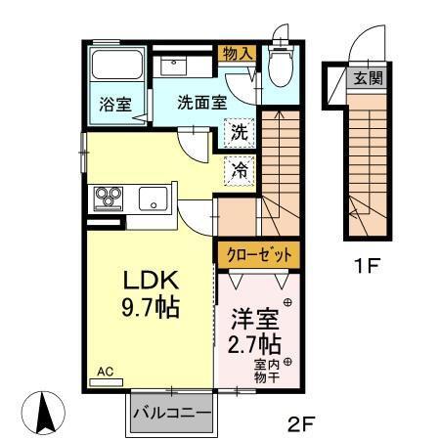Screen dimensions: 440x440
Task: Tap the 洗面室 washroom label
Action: [x=201, y=101]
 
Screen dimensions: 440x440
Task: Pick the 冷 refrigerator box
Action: [x=238, y=169]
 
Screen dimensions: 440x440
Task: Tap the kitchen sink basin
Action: [x=154, y=199]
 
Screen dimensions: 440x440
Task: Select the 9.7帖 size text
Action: [x=150, y=308]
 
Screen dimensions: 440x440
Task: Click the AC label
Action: [x=106, y=373]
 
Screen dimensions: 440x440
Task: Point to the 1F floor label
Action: [x=369, y=263]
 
